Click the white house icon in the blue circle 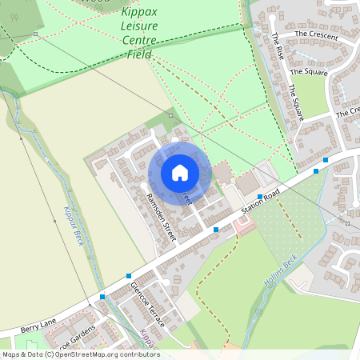(x=179, y=173)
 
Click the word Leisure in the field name (x=138, y=27)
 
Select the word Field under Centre (x=138, y=54)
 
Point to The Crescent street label (x=311, y=34)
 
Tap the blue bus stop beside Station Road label (x=260, y=196)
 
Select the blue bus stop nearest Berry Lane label (x=102, y=298)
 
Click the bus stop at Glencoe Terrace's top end (x=128, y=276)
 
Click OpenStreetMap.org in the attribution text (x=90, y=354)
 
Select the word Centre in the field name (x=139, y=41)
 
